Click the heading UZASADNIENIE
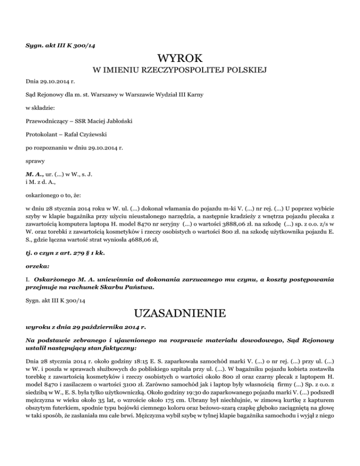point(180,312)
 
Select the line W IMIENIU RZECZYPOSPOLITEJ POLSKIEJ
point(180,71)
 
